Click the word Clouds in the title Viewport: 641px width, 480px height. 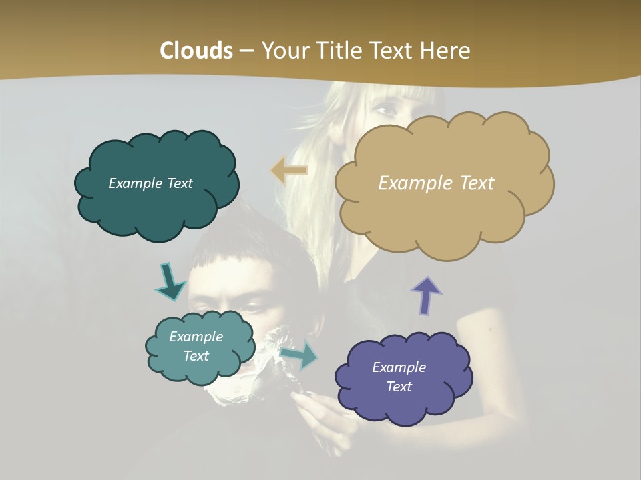(x=196, y=51)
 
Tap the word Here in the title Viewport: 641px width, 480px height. (x=446, y=51)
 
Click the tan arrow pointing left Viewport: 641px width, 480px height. (x=289, y=171)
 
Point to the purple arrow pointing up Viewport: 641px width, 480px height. (x=426, y=295)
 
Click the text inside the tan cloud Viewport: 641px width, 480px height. (x=436, y=183)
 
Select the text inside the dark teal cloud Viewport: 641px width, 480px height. (x=150, y=183)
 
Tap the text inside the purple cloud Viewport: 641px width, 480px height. (x=399, y=377)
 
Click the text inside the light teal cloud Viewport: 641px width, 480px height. (x=196, y=346)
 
